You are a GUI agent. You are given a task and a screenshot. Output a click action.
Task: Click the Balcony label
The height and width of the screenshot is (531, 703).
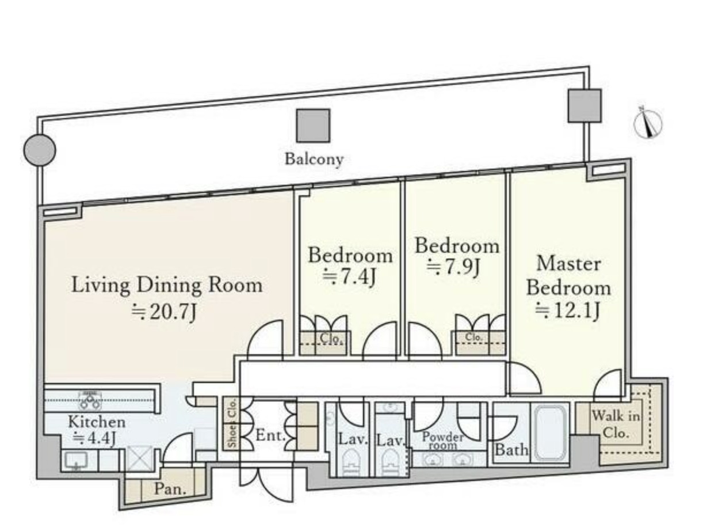[x=314, y=160]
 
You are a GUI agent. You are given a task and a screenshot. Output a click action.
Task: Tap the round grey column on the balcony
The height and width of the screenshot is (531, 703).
[x=39, y=150]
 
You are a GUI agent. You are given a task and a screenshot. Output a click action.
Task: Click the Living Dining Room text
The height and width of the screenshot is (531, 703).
[x=167, y=285]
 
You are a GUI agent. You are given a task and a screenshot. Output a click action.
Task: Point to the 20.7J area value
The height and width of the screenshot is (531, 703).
[x=163, y=312]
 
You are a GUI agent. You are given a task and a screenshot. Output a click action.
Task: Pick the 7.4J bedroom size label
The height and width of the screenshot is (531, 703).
[x=349, y=277]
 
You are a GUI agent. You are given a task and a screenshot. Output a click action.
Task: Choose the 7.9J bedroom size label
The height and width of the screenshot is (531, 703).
[x=453, y=267]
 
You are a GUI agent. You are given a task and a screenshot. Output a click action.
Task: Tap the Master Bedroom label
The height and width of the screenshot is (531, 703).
[x=568, y=275]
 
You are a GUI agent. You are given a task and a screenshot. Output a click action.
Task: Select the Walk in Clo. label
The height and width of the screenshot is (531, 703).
[x=615, y=424]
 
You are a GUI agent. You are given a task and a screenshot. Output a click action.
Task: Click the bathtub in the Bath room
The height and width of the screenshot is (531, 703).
[x=550, y=432]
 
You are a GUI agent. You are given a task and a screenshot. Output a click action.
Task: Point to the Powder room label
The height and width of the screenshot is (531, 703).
[x=442, y=441]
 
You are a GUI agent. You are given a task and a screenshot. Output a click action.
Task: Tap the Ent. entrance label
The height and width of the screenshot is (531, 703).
[x=270, y=435]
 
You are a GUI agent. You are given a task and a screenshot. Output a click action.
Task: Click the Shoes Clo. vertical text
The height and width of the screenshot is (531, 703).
[x=232, y=423]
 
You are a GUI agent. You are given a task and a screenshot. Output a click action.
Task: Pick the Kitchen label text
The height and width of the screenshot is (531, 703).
[x=97, y=422]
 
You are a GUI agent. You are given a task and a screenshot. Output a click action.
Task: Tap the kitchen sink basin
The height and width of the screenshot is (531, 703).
[x=76, y=461]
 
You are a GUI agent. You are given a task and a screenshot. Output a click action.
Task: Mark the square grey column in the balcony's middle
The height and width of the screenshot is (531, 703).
[x=312, y=126]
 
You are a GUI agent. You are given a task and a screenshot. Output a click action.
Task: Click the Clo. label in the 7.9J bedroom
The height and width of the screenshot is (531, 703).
[x=473, y=337]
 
